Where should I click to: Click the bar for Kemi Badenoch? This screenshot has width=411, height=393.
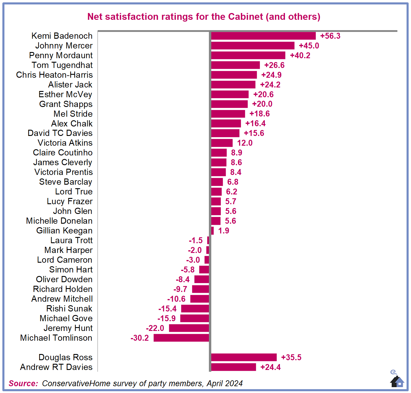tap(263, 36)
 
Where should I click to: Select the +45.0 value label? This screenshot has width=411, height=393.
tap(309, 46)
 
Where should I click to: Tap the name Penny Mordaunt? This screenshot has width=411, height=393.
tap(61, 55)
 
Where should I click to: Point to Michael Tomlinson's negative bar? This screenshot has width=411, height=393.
tap(181, 338)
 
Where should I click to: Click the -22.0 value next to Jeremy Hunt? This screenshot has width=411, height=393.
tap(155, 328)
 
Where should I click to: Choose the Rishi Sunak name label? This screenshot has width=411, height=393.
tap(69, 308)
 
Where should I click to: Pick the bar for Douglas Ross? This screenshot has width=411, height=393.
tap(244, 357)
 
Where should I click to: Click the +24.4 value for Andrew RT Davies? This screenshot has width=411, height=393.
tap(270, 367)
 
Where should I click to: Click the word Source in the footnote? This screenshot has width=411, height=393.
tap(23, 383)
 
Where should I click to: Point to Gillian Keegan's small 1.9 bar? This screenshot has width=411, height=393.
tap(212, 230)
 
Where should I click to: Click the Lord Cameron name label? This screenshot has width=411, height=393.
tap(65, 260)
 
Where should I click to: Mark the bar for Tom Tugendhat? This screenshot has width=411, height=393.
tap(236, 65)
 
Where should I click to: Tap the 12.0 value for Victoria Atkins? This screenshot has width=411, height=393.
tap(245, 143)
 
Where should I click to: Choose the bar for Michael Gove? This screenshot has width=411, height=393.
tap(194, 318)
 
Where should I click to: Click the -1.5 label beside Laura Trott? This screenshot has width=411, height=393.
tap(196, 240)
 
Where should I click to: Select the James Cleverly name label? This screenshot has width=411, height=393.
tap(63, 162)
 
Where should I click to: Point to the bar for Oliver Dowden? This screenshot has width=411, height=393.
tap(202, 279)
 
